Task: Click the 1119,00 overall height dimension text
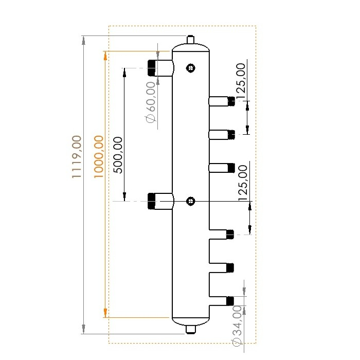(x=76, y=157)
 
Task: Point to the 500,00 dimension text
(x=117, y=155)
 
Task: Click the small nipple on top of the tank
(x=190, y=40)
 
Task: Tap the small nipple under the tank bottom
(x=191, y=328)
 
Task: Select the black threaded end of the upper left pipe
(x=152, y=68)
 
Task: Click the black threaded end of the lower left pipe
(x=152, y=201)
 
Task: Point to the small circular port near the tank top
(x=191, y=67)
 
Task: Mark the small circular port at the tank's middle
(x=191, y=201)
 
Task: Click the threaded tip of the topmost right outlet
(x=231, y=101)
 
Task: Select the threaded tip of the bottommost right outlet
(x=230, y=300)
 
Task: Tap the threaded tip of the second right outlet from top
(x=231, y=135)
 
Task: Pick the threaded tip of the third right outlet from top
(x=231, y=168)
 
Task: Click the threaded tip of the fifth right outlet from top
(x=230, y=267)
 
